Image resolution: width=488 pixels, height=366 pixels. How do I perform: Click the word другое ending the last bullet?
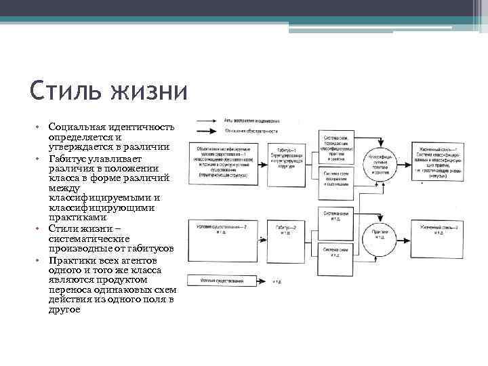64,309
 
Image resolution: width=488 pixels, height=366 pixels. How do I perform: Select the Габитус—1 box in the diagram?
287,161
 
